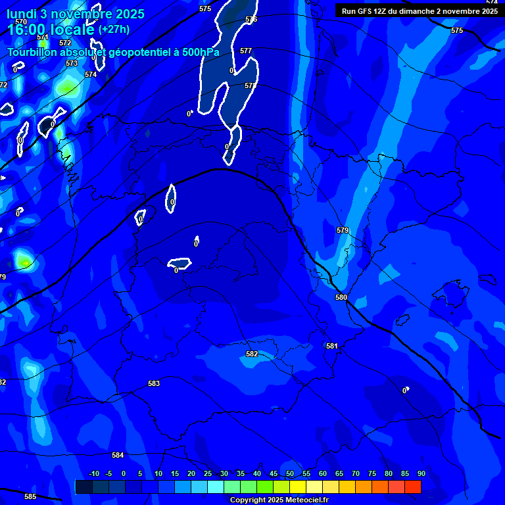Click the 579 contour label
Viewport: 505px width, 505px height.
pyautogui.click(x=342, y=230)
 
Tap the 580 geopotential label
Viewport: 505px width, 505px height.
pyautogui.click(x=341, y=297)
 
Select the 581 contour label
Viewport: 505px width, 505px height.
pyautogui.click(x=331, y=346)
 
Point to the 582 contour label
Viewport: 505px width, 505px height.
pyautogui.click(x=252, y=354)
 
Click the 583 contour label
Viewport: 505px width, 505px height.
pyautogui.click(x=154, y=383)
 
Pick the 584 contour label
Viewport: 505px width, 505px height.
pyautogui.click(x=118, y=455)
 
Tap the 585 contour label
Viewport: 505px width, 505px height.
pyautogui.click(x=30, y=496)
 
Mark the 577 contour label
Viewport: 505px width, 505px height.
pyautogui.click(x=246, y=51)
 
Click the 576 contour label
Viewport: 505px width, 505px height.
pyautogui.click(x=251, y=20)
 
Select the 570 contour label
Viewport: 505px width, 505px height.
pyautogui.click(x=21, y=22)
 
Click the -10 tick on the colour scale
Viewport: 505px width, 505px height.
pyautogui.click(x=93, y=473)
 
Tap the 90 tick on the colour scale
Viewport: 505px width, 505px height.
pyautogui.click(x=421, y=473)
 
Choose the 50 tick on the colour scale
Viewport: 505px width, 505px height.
pyautogui.click(x=290, y=473)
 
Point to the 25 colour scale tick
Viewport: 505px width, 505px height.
pyautogui.click(x=208, y=473)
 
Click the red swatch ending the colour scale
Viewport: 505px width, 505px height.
pyautogui.click(x=412, y=487)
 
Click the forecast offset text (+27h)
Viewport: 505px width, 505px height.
pyautogui.click(x=114, y=29)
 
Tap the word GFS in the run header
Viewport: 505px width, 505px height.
pyautogui.click(x=362, y=11)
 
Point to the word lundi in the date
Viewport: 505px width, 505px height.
pyautogui.click(x=22, y=14)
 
